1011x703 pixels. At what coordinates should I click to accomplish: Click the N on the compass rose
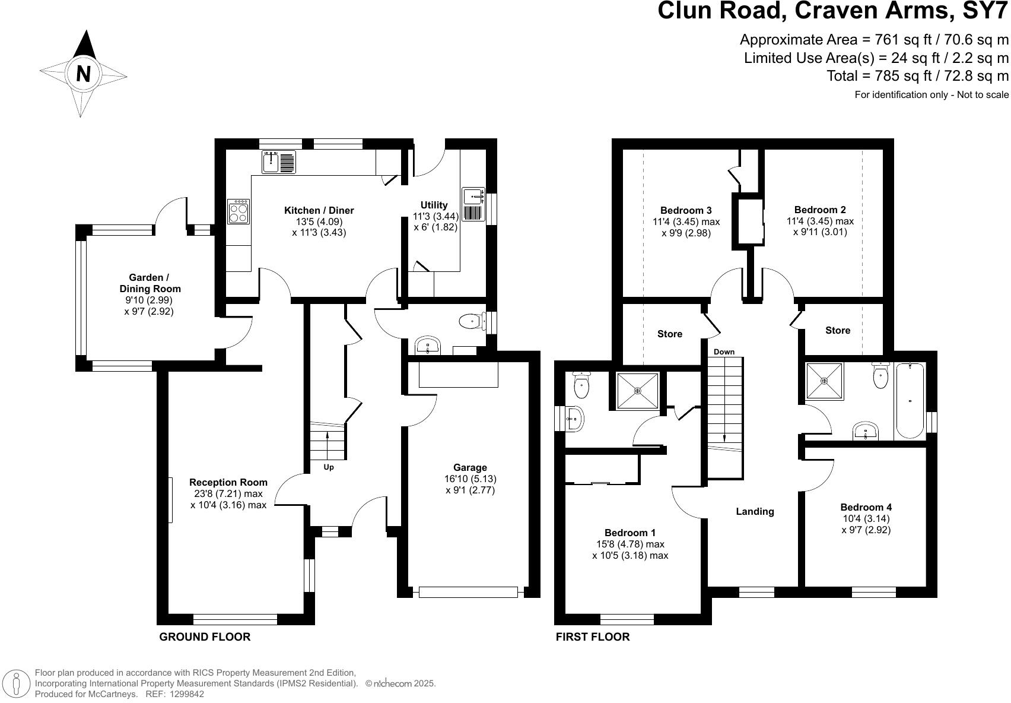point(84,74)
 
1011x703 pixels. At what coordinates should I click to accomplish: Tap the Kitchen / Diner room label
point(319,210)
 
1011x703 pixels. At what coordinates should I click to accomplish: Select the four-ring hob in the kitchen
point(239,211)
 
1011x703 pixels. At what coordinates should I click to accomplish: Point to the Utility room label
point(434,205)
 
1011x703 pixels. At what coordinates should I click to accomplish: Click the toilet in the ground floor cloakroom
point(472,321)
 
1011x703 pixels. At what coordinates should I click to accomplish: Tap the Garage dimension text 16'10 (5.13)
point(470,479)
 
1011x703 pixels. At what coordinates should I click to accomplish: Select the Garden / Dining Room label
point(150,283)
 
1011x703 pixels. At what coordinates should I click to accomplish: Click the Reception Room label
point(228,482)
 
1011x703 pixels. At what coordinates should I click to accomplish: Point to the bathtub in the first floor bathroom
point(910,401)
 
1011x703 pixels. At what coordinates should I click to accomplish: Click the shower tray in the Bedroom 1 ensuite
point(637,391)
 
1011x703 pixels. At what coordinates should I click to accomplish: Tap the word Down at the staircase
point(724,352)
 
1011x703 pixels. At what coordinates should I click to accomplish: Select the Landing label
point(755,511)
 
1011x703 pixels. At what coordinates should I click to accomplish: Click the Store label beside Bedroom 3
point(669,334)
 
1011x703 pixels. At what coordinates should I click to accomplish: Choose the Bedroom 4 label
point(866,507)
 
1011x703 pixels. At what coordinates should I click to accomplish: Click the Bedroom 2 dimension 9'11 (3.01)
point(820,232)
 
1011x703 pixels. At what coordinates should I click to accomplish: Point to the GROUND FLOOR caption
point(205,637)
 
